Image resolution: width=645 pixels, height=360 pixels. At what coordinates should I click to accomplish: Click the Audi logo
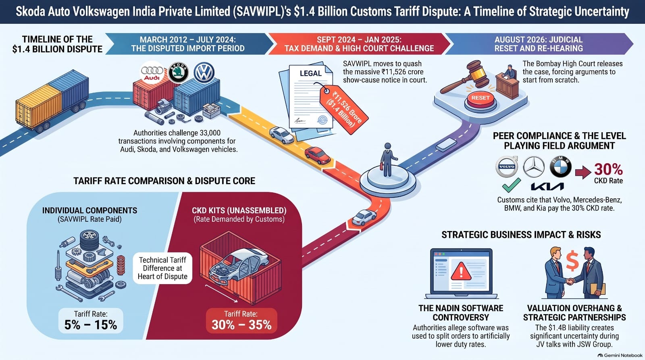click(152, 73)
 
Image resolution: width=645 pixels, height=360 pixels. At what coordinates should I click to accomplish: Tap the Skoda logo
click(178, 73)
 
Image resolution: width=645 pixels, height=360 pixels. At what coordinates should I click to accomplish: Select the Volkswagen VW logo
click(204, 73)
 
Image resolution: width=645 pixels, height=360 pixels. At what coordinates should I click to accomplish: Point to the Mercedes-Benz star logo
click(534, 167)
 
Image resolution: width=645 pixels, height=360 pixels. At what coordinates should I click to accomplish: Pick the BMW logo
click(560, 167)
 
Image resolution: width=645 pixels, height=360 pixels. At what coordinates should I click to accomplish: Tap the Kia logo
click(547, 187)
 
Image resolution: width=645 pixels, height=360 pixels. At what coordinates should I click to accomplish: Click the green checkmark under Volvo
click(511, 185)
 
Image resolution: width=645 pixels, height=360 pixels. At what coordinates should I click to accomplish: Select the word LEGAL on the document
click(310, 73)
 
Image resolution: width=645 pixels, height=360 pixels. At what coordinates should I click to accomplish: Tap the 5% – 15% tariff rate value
click(91, 325)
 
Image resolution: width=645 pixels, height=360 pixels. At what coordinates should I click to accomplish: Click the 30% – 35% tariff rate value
click(241, 325)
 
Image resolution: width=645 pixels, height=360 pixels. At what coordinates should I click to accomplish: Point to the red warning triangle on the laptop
click(461, 271)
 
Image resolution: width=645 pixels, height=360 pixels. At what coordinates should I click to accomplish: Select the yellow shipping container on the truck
click(39, 106)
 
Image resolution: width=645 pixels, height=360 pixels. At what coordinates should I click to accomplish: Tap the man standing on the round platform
click(388, 160)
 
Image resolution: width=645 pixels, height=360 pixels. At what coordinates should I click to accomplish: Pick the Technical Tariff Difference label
click(162, 268)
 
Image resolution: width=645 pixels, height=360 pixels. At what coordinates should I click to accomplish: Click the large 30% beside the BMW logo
click(608, 169)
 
